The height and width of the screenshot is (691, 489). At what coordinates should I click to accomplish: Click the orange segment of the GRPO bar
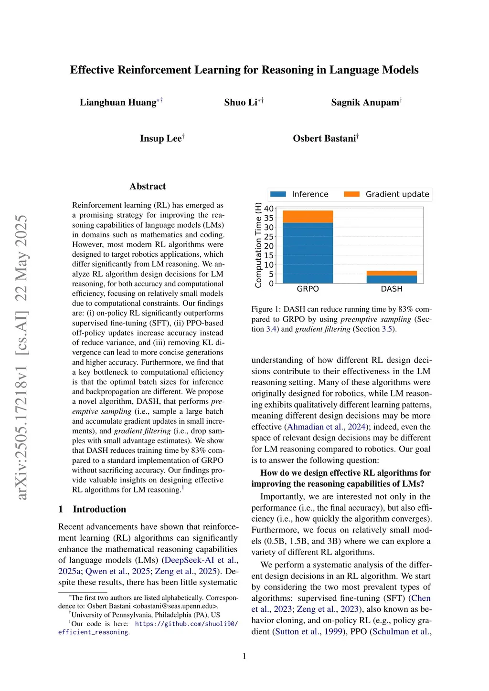pyautogui.click(x=308, y=217)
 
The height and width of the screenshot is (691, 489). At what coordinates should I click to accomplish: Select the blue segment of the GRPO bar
pyautogui.click(x=308, y=253)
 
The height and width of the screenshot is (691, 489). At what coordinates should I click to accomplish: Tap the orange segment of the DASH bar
pyautogui.click(x=392, y=273)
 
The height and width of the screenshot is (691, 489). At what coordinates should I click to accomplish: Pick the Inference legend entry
pyautogui.click(x=299, y=194)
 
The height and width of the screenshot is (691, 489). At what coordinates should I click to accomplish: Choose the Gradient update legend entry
pyautogui.click(x=387, y=194)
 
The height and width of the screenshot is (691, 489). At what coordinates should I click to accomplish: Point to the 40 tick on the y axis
pyautogui.click(x=269, y=209)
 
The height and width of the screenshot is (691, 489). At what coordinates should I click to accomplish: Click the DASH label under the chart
pyautogui.click(x=392, y=289)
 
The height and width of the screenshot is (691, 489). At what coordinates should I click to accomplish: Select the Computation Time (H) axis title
pyautogui.click(x=258, y=245)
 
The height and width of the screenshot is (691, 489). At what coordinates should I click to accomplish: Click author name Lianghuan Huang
pyautogui.click(x=118, y=103)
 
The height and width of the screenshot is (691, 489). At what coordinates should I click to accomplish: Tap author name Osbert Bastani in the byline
pyautogui.click(x=324, y=138)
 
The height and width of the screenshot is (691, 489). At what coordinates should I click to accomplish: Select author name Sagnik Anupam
pyautogui.click(x=365, y=103)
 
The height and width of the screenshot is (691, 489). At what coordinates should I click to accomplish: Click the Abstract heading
pyautogui.click(x=148, y=187)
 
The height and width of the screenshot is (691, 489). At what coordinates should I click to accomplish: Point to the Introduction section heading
pyautogui.click(x=99, y=509)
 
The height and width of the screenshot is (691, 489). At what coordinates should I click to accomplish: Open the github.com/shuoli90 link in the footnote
pyautogui.click(x=186, y=624)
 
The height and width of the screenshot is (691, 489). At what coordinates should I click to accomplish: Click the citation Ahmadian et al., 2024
pyautogui.click(x=326, y=427)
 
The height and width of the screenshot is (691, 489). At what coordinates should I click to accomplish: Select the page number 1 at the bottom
pyautogui.click(x=244, y=656)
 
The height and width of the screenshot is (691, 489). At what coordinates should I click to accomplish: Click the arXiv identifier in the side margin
pyautogui.click(x=22, y=358)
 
